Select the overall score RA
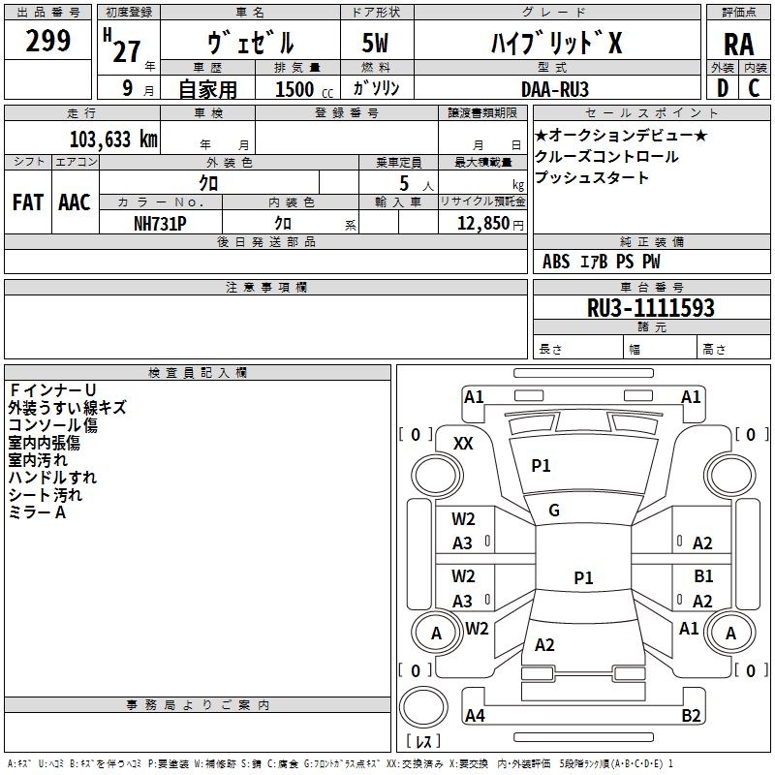pos(738,45)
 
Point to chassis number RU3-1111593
pos(651,308)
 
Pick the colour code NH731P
pos(160,223)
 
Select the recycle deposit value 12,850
pos(480,223)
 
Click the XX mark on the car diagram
pos(463,444)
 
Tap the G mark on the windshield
pos(554,511)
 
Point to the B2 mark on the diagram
pos(691,716)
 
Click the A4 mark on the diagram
pos(475,716)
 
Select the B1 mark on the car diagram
pos(703,576)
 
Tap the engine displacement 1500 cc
pos(300,88)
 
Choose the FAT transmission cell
pos(27,202)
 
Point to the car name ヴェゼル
pos(250,44)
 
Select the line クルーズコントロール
pos(606,156)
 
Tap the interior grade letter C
pos(754,88)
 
